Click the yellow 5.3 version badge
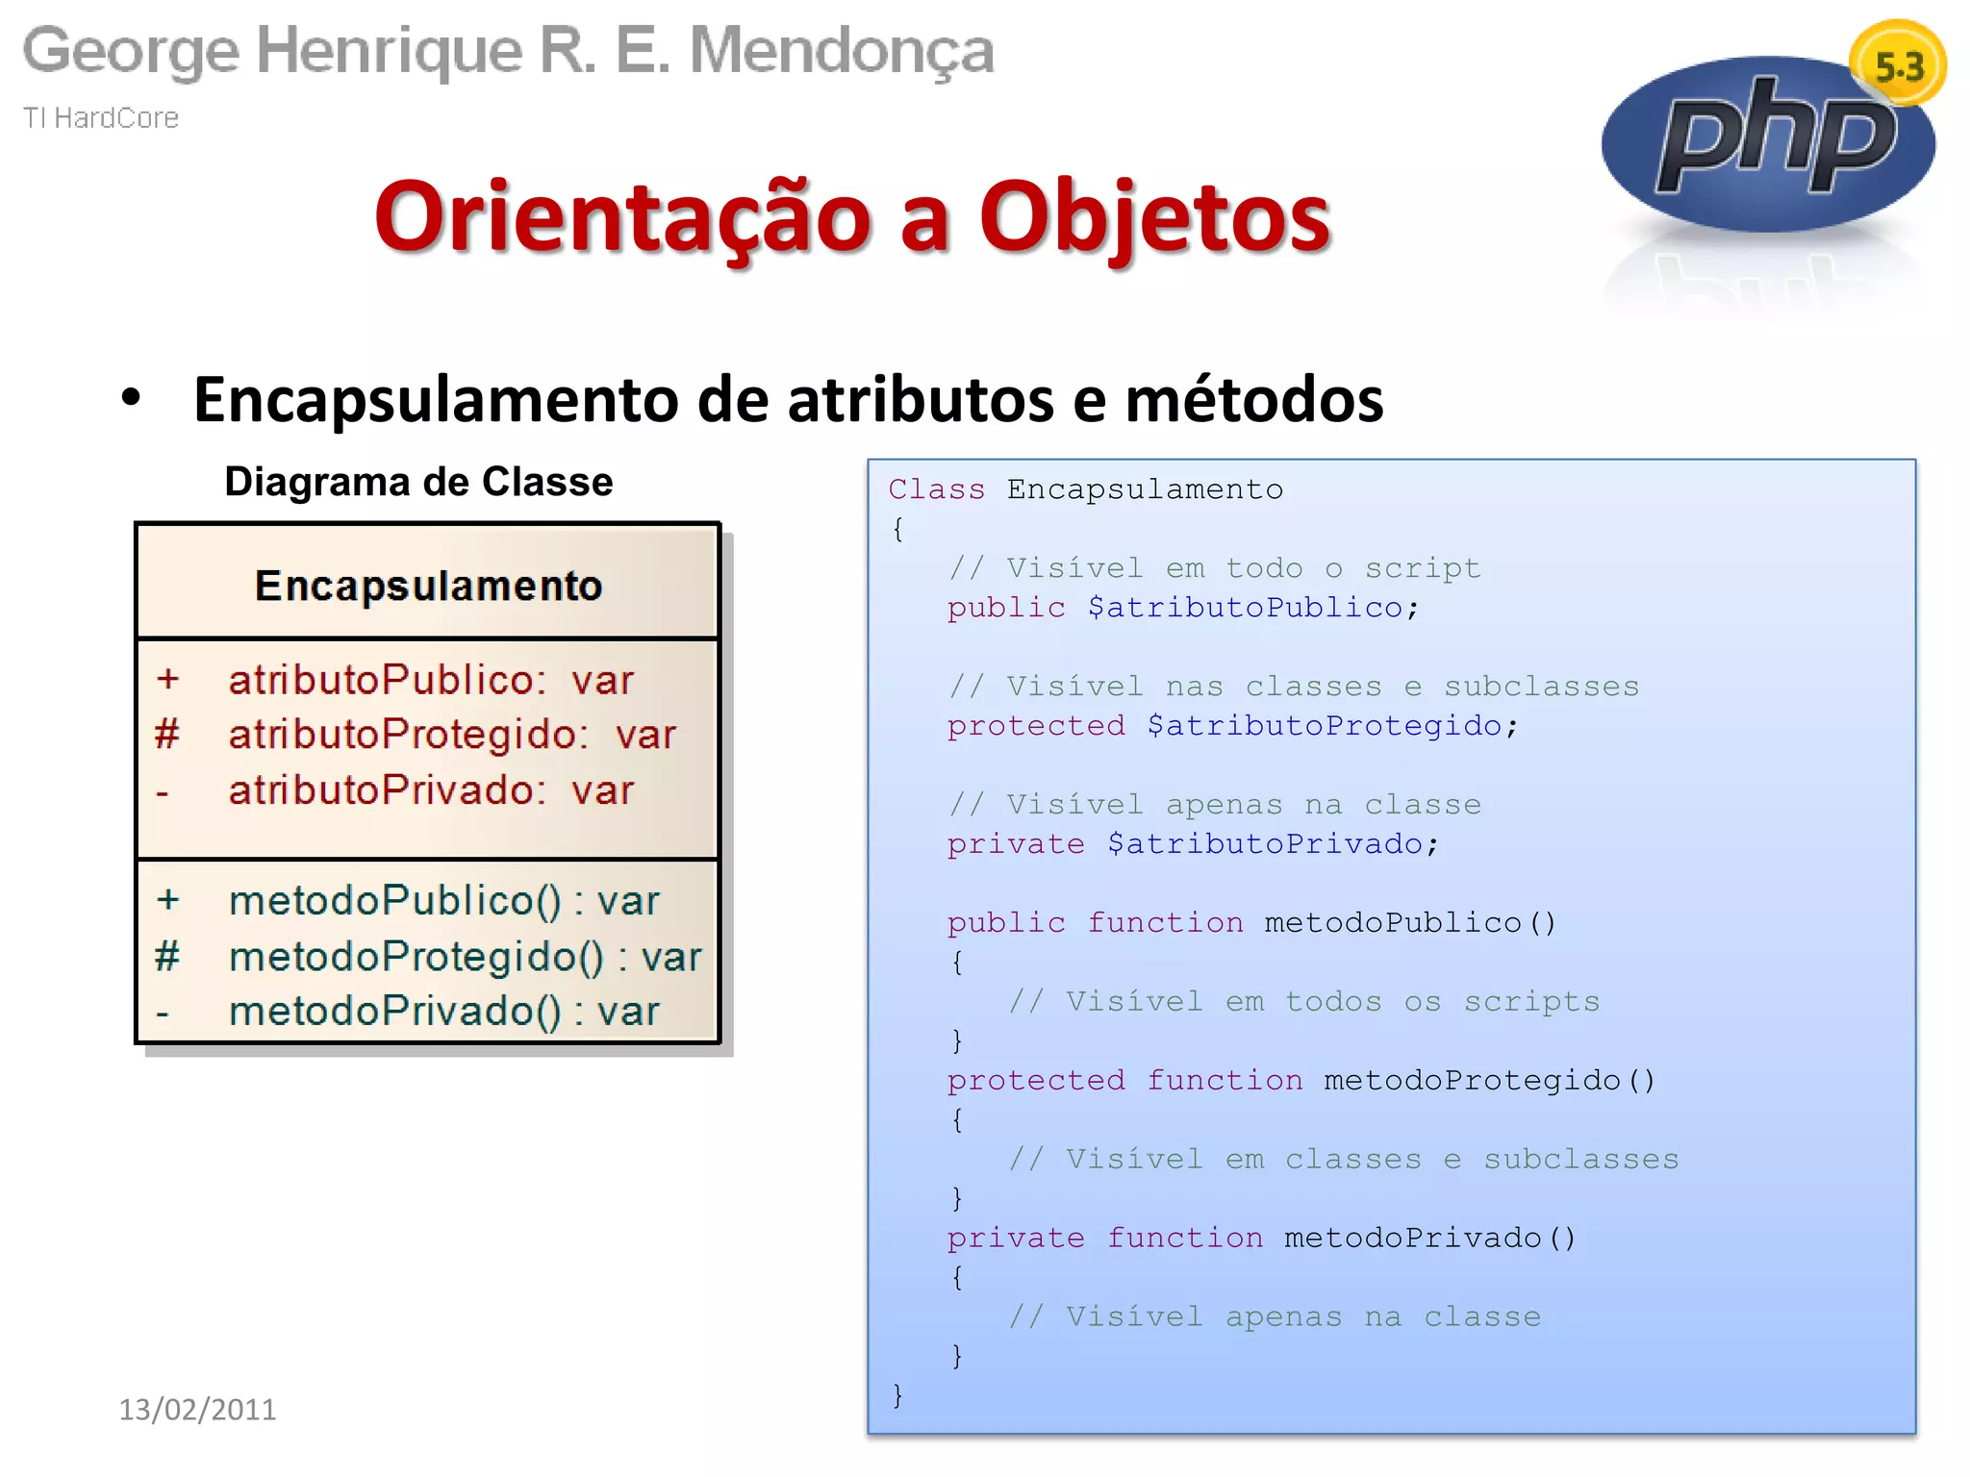tap(1898, 65)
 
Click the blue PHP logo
tap(1768, 144)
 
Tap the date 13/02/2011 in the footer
tap(197, 1409)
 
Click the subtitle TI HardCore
tap(101, 117)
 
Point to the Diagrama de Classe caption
tap(418, 482)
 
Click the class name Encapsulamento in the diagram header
tap(428, 586)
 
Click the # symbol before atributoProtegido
tap(167, 735)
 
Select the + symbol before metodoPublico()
tap(168, 900)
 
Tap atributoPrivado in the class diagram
tap(387, 790)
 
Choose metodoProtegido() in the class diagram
tap(417, 957)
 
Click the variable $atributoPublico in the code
tap(1245, 608)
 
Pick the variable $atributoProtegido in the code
tap(1324, 726)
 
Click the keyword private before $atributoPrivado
tap(1016, 844)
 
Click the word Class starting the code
tap(936, 489)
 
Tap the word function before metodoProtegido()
tap(1225, 1080)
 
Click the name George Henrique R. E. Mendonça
tap(508, 50)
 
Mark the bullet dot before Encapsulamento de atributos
tap(132, 397)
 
